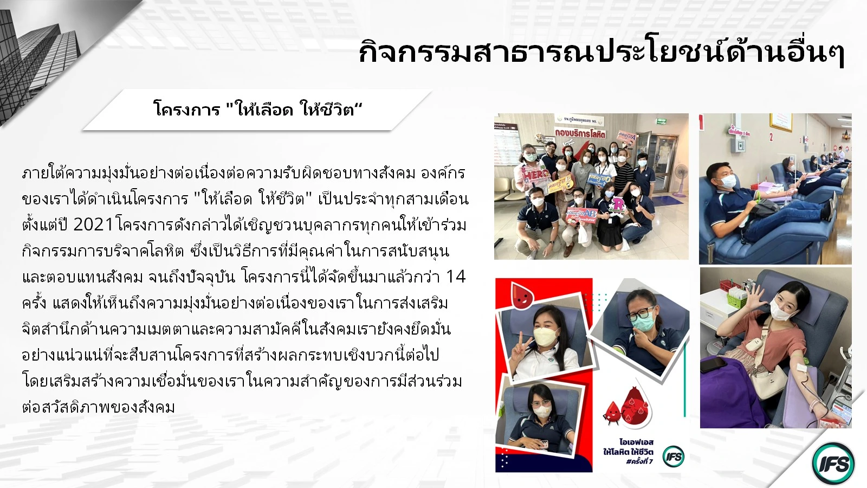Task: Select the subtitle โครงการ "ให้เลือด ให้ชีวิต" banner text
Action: (258, 109)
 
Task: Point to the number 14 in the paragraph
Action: (456, 277)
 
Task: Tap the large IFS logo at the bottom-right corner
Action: (833, 464)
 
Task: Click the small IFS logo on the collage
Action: (674, 457)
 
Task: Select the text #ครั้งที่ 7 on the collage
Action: (639, 461)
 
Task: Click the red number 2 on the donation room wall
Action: (772, 137)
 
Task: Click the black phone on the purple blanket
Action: (713, 364)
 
